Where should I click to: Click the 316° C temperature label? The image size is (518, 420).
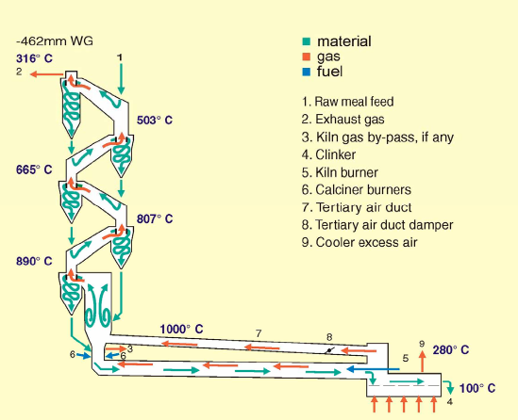(x=34, y=58)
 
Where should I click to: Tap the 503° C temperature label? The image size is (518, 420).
(x=155, y=120)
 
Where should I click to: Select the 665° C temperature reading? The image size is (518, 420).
(x=34, y=170)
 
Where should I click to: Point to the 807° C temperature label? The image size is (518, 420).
(x=155, y=218)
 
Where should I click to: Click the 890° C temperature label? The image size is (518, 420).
(x=34, y=261)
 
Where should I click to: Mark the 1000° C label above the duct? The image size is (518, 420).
(x=181, y=329)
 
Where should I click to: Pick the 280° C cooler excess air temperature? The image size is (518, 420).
(x=451, y=349)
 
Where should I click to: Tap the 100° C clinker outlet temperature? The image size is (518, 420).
(x=477, y=388)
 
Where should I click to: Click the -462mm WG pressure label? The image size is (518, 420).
(x=55, y=41)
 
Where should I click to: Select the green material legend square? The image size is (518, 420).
(x=307, y=41)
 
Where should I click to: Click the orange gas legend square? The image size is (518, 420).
(x=307, y=57)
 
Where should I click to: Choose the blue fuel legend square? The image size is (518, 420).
(x=307, y=72)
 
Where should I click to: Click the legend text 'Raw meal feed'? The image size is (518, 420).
(x=354, y=102)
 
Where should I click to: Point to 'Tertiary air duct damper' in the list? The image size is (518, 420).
(x=384, y=225)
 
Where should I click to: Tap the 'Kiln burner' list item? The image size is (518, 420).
(x=347, y=172)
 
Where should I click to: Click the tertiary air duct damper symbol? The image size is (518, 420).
(x=330, y=350)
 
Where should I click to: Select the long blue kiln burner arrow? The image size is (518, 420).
(x=373, y=369)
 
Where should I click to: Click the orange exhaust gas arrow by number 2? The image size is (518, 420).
(x=46, y=74)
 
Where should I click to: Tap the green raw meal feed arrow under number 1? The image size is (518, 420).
(x=121, y=79)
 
